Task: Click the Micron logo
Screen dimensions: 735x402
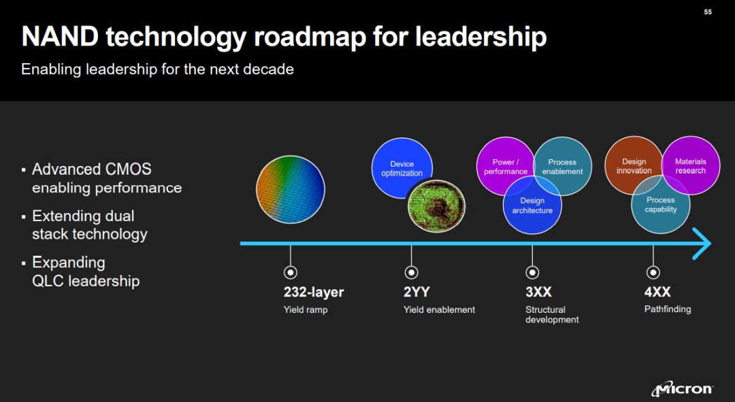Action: pos(683,388)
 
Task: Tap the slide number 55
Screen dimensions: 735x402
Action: pos(708,12)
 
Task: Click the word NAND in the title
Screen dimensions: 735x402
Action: pos(59,37)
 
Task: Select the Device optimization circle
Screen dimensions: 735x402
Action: pos(402,168)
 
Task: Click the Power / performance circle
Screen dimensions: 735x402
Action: pos(505,166)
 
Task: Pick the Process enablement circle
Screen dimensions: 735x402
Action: pos(563,166)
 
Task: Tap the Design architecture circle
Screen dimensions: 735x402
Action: pos(532,205)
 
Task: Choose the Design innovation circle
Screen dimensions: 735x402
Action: pos(634,165)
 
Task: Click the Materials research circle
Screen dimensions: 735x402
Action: pos(691,165)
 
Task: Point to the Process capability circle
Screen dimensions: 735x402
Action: pos(660,204)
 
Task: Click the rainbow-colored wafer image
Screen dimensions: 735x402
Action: pos(291,189)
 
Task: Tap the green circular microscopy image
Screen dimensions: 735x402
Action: pos(436,206)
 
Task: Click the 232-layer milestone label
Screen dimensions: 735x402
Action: pos(314,292)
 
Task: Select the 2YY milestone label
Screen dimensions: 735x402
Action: pos(416,292)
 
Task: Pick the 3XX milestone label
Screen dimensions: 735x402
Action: pos(538,292)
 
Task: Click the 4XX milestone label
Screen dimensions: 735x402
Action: pos(657,292)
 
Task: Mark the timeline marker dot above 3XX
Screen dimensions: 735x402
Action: pos(532,272)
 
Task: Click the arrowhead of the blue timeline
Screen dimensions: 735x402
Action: pos(703,244)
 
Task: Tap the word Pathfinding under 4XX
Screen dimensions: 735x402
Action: pos(668,309)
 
